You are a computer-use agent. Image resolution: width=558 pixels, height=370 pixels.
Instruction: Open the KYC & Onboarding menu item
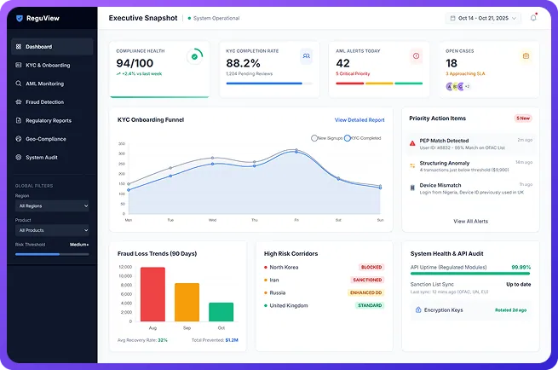coord(48,65)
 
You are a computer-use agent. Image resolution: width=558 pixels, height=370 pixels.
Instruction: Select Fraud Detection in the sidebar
coord(44,102)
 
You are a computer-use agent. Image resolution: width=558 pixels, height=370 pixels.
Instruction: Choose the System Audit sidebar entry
coord(42,158)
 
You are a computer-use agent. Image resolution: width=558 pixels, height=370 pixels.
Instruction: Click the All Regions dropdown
coord(52,205)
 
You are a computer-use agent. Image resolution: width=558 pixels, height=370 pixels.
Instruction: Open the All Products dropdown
coord(52,230)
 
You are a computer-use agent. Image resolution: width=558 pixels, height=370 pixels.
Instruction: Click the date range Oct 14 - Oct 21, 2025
coord(483,17)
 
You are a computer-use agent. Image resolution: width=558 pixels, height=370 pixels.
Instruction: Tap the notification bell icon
coord(533,17)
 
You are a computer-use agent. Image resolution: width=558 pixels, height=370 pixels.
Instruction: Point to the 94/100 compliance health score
coord(136,63)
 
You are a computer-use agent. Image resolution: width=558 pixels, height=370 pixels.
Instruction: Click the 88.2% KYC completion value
coord(242,63)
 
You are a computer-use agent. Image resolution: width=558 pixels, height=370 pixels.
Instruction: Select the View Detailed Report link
coord(359,120)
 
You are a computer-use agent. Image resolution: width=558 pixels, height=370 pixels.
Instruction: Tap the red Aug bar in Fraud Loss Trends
coord(152,294)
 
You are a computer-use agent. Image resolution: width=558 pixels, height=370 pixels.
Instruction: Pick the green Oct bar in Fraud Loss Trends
coord(221,312)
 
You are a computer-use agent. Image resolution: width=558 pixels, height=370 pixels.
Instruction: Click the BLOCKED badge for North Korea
coord(371,267)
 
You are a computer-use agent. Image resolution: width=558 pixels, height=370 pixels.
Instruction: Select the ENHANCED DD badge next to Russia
coord(367,292)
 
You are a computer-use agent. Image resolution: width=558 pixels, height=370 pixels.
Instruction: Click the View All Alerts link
coord(470,221)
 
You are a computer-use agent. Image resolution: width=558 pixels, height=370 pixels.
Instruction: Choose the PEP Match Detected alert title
coord(444,141)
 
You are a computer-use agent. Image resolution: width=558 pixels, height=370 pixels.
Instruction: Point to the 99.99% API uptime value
coord(521,267)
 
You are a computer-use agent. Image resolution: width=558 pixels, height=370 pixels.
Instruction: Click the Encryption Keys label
coord(443,310)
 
